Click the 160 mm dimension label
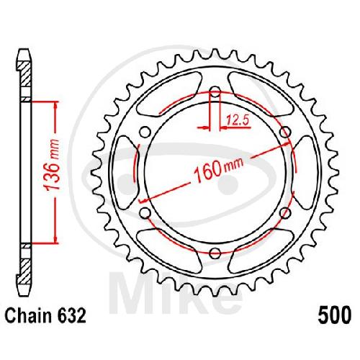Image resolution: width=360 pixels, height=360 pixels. pos(219,169)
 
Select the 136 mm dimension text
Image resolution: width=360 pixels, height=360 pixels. pos(53,165)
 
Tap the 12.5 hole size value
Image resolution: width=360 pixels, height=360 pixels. pos(238,120)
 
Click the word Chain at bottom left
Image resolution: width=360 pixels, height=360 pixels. pos(25,315)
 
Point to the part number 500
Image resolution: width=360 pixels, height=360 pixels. pos(335,315)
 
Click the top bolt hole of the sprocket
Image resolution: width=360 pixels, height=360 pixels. pos(215,91)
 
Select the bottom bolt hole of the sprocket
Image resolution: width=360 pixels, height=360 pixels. pos(215,253)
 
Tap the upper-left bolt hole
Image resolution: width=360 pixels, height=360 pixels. pos(145,132)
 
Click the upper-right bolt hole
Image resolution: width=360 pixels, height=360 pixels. pos(285,132)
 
